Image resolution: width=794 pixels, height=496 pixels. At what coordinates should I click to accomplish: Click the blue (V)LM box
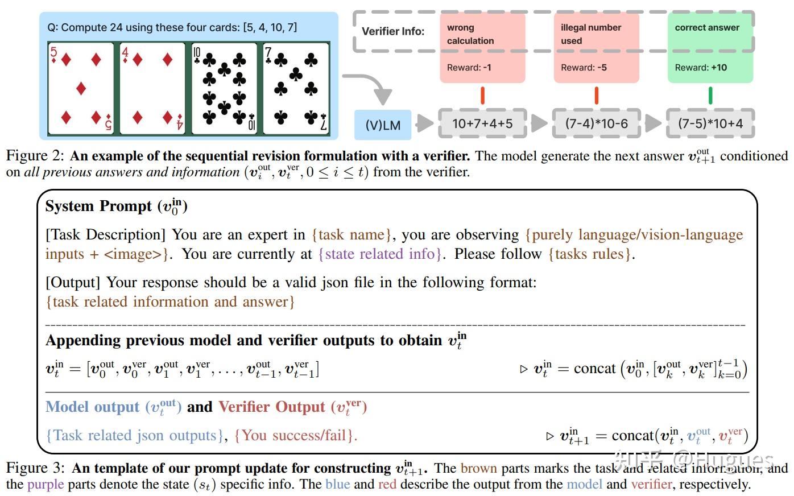pos(383,125)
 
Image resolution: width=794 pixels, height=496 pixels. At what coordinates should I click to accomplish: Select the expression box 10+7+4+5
pos(482,123)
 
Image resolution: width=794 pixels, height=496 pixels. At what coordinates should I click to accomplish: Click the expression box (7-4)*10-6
pos(596,123)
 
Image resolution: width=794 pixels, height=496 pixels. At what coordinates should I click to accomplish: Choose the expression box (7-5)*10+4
pos(710,123)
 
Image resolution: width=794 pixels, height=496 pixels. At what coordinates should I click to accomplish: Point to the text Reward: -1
pos(469,68)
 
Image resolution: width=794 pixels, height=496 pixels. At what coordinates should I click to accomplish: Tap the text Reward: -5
pos(584,68)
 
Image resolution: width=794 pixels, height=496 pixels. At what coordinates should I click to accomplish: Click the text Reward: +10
pos(701,68)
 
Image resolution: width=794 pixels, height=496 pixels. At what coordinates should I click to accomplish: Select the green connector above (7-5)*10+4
pos(710,96)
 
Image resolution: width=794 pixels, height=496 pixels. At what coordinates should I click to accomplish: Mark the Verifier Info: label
pos(394,31)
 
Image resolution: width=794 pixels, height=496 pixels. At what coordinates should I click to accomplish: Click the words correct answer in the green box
pos(707,27)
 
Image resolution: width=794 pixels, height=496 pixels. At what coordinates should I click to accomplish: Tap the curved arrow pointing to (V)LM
pos(373,86)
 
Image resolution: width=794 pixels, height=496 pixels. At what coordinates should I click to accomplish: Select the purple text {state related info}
pos(380,254)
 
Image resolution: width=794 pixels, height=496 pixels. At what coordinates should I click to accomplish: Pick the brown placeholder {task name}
pos(351,234)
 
